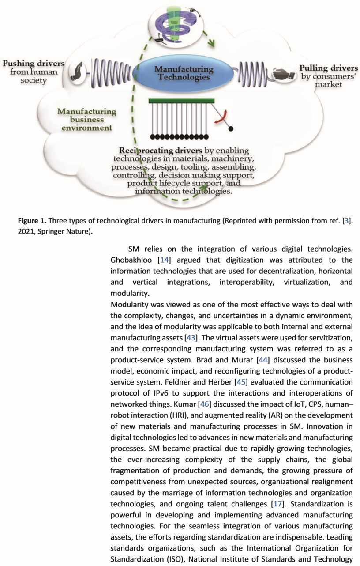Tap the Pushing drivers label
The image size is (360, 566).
(33, 64)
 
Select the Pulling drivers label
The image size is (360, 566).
(329, 68)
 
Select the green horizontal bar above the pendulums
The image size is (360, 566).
(182, 101)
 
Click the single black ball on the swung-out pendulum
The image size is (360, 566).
(230, 128)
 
